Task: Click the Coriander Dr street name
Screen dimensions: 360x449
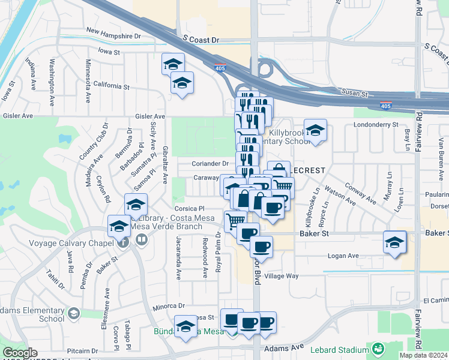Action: point(210,163)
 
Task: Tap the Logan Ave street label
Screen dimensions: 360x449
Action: point(343,256)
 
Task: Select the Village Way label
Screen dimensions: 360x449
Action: point(282,276)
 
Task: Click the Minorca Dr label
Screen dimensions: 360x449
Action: point(155,305)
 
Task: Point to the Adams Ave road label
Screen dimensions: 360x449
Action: point(289,347)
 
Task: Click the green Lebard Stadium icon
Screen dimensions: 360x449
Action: point(378,349)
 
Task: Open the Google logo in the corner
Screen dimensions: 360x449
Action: point(20,353)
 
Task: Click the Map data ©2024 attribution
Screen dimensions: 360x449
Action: point(423,355)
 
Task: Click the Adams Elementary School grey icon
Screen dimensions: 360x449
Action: point(74,313)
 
